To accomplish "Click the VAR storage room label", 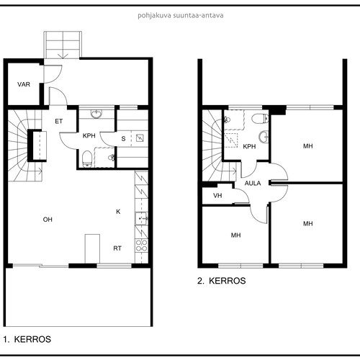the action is click(x=24, y=84).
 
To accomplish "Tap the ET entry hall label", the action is click(x=59, y=122).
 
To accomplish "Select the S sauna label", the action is click(x=123, y=139).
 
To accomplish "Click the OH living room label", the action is click(x=48, y=220).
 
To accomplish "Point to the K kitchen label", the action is click(x=118, y=212).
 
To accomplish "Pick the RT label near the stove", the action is click(x=117, y=248).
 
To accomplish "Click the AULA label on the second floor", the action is click(x=253, y=184).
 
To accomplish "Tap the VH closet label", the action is click(x=217, y=196).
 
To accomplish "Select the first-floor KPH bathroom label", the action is click(x=89, y=136).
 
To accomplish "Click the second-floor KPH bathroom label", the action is click(x=249, y=146).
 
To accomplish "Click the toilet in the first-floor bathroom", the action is click(x=87, y=158).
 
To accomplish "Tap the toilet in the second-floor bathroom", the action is click(x=260, y=118).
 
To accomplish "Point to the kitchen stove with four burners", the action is click(x=141, y=246).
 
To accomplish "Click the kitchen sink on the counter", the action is click(x=141, y=219).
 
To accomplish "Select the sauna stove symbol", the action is click(x=140, y=138).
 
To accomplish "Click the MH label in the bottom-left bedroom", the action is click(x=235, y=235).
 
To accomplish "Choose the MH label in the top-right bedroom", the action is click(x=308, y=146).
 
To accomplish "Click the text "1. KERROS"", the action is click(x=27, y=339).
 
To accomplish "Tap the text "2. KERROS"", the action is click(x=222, y=281).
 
